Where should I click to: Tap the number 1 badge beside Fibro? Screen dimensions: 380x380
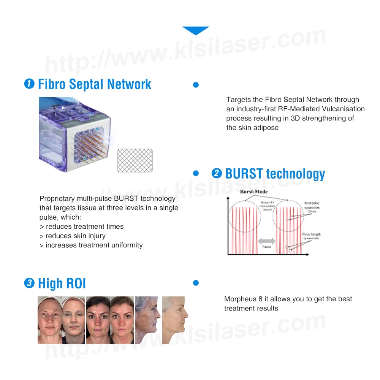click(29, 84)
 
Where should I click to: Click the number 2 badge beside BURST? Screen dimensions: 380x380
click(216, 173)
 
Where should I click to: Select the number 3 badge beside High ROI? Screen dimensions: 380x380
click(29, 283)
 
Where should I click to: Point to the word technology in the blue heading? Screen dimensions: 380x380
click(295, 174)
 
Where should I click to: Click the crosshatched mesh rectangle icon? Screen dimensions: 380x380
click(135, 160)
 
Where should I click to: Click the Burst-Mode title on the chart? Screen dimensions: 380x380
click(254, 192)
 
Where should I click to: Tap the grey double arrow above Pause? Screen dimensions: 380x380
click(267, 241)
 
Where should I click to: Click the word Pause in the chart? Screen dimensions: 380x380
click(267, 247)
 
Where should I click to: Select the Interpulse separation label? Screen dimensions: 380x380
click(312, 206)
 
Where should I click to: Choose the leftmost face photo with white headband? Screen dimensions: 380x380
click(50, 320)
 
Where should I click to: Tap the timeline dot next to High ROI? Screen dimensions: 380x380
click(196, 283)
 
